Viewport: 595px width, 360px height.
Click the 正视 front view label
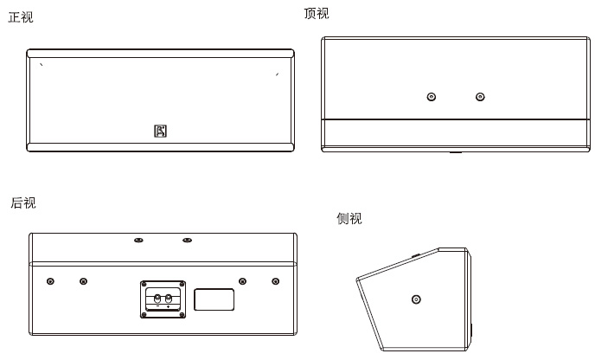click(21, 17)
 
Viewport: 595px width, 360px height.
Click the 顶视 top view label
click(317, 14)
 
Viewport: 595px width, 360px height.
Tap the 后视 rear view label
click(23, 203)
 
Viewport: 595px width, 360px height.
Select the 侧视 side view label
click(349, 219)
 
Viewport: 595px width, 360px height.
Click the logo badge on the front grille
click(160, 131)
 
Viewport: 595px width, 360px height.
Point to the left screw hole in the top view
click(432, 97)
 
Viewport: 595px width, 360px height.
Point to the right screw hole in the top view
click(480, 97)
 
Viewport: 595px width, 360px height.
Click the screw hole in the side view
click(416, 299)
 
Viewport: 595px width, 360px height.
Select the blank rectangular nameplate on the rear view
click(214, 299)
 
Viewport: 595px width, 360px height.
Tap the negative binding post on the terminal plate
click(157, 299)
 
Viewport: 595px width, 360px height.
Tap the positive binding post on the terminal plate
click(169, 299)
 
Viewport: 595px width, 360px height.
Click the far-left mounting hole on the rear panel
click(50, 281)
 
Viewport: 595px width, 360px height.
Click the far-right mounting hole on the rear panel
click(275, 281)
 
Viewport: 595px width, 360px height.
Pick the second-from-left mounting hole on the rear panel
click(83, 281)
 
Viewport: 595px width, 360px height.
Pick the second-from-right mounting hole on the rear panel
click(242, 281)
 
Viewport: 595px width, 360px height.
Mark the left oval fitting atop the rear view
click(138, 240)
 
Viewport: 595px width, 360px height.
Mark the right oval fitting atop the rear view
click(187, 240)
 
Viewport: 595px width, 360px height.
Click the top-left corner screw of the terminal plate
click(144, 285)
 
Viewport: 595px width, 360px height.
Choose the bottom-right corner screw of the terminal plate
click(182, 314)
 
